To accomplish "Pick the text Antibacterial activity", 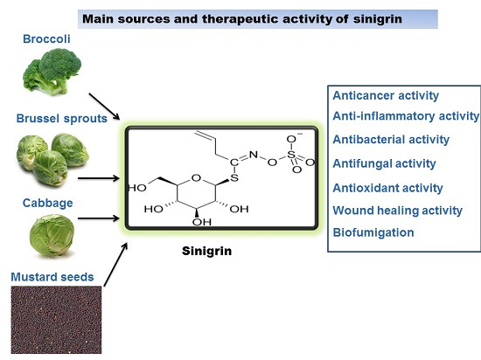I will pos(391,139).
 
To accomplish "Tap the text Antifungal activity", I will pos(385,163).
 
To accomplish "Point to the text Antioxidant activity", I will pos(388,188).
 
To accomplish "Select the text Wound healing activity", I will pos(398,211).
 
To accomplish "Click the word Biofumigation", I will pos(373,232).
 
